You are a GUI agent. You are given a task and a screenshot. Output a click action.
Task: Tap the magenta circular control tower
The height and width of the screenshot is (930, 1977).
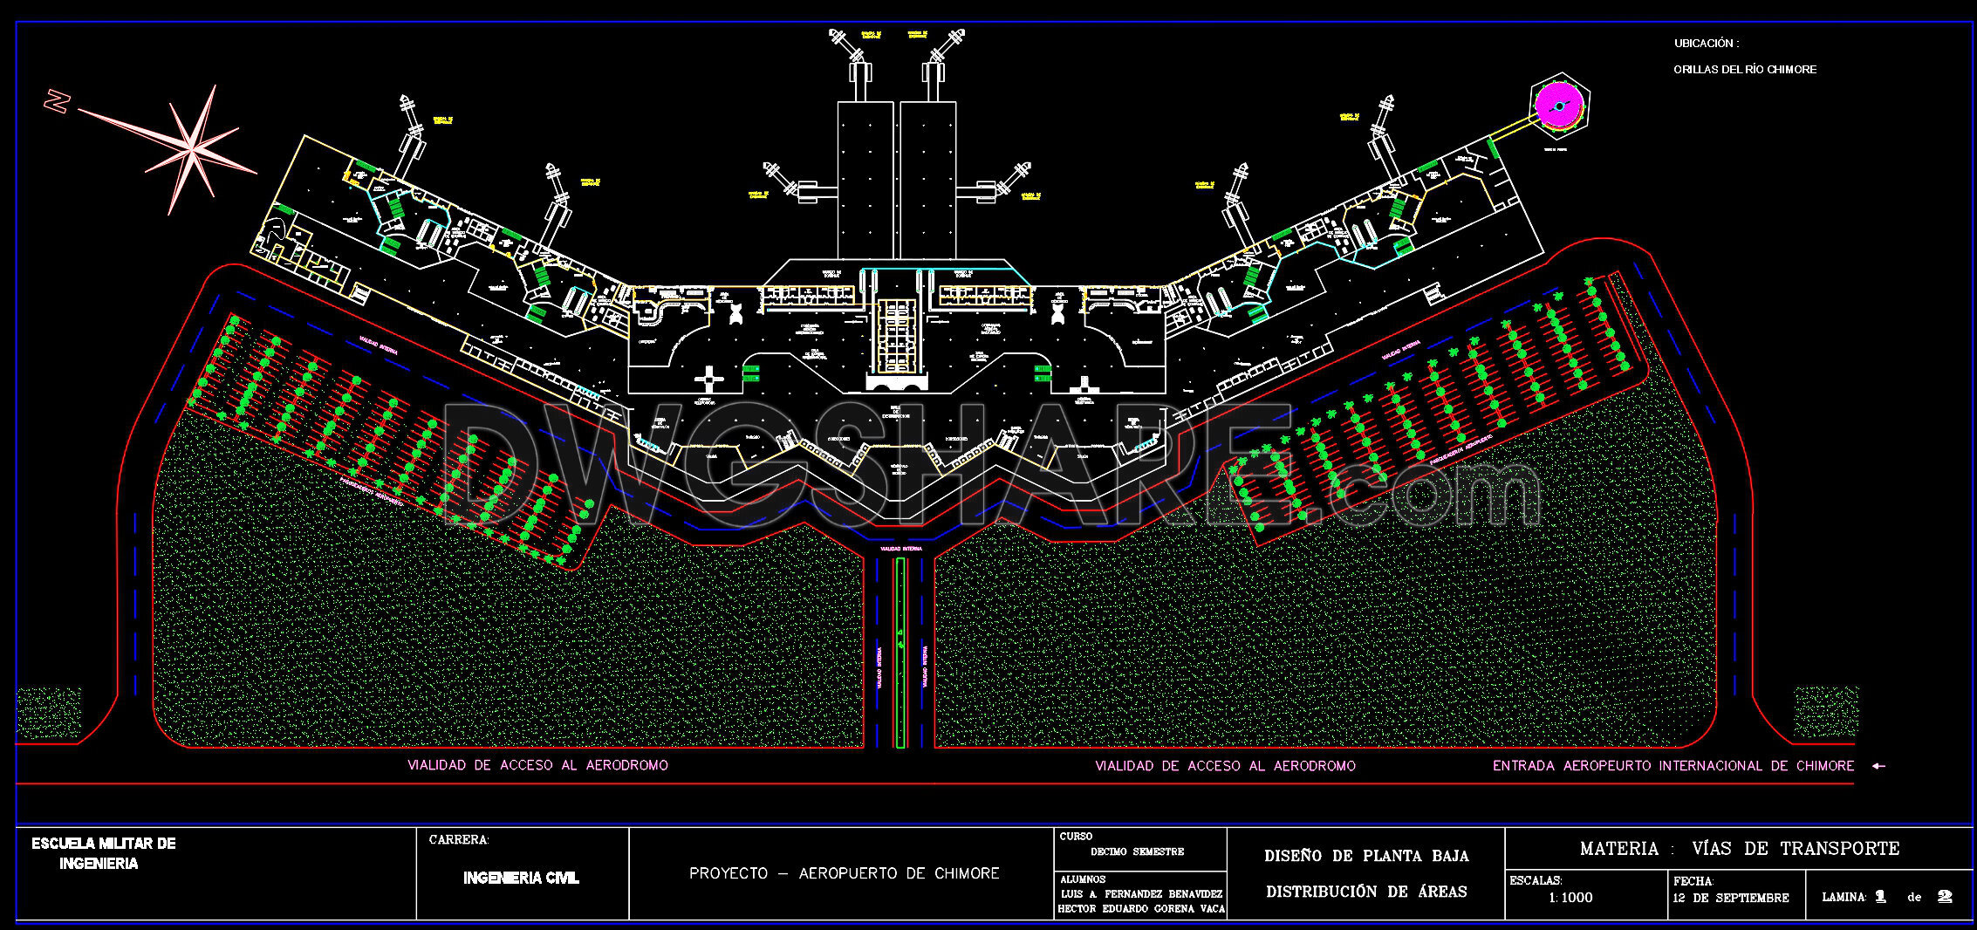click(1558, 106)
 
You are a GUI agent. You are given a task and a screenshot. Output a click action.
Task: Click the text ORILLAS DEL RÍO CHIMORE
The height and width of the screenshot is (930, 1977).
click(1745, 70)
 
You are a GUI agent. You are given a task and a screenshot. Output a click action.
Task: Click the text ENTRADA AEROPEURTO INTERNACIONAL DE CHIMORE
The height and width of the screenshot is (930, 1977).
click(1673, 766)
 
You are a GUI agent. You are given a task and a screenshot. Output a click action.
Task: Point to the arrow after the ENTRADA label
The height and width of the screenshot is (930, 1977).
click(1878, 766)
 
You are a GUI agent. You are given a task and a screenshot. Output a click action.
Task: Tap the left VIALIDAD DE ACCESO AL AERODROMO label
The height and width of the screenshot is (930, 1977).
click(537, 765)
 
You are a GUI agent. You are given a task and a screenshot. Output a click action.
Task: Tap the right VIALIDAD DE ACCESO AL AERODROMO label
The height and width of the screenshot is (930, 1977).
click(1225, 766)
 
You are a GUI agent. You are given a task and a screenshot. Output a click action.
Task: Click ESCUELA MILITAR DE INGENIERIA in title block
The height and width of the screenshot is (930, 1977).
click(103, 853)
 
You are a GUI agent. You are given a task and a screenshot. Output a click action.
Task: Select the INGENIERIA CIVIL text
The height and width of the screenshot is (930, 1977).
click(521, 878)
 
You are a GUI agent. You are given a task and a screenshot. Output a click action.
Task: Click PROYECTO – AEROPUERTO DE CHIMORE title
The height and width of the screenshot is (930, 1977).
click(844, 873)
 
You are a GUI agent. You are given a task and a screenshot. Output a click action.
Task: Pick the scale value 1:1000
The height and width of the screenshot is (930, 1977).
click(1570, 898)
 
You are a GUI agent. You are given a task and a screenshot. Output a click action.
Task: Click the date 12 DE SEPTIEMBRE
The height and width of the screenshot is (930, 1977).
click(1730, 898)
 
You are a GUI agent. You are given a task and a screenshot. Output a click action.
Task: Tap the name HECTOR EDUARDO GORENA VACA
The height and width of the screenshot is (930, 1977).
click(1141, 909)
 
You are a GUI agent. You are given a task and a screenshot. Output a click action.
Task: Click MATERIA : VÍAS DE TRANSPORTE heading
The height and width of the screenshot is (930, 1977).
click(1739, 848)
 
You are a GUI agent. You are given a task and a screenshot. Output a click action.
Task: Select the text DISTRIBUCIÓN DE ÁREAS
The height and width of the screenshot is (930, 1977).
click(1366, 892)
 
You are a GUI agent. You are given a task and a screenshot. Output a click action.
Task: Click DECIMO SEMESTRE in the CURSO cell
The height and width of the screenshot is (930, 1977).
click(1137, 851)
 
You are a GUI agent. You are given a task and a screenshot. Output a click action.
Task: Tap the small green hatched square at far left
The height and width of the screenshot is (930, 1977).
click(48, 713)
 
